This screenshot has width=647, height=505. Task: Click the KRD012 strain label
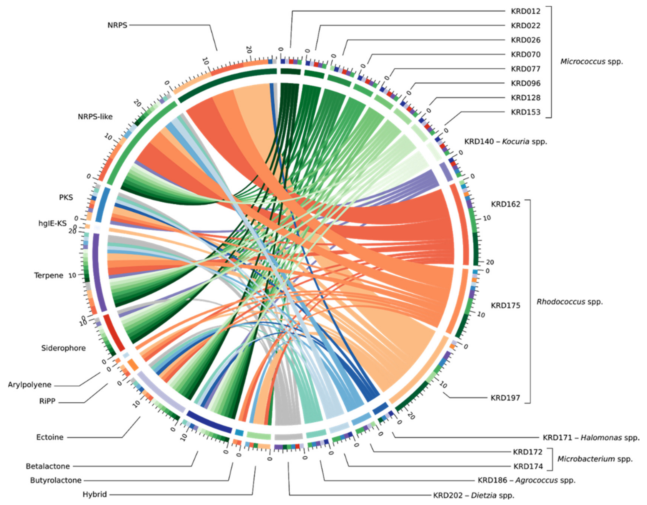(526, 11)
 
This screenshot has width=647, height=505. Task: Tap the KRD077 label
(526, 69)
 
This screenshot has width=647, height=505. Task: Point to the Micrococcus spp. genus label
(592, 62)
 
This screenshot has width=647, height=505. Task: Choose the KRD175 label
(505, 306)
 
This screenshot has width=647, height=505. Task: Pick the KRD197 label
(505, 398)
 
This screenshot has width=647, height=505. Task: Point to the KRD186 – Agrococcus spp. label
(526, 480)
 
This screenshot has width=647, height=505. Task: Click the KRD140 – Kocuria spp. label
(505, 142)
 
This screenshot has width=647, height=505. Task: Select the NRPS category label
(117, 25)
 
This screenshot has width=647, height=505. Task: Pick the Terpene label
(49, 276)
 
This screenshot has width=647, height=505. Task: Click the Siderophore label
(63, 348)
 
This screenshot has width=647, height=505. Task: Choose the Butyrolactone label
(56, 480)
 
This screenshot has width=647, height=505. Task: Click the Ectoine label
(50, 437)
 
